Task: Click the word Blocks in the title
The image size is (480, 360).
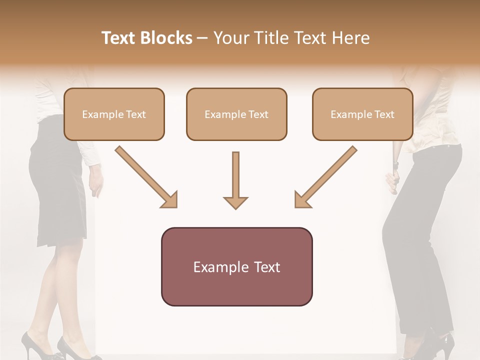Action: [166, 38]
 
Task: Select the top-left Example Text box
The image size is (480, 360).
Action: [114, 114]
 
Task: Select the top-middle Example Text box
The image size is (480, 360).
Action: [236, 114]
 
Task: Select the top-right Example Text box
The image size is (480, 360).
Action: [362, 114]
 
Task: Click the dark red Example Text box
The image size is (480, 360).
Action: [236, 266]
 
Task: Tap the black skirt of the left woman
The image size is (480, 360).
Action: [55, 190]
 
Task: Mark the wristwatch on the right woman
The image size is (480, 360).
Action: [395, 164]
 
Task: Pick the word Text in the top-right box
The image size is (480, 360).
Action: [385, 114]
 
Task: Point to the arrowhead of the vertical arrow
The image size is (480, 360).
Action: [235, 202]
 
